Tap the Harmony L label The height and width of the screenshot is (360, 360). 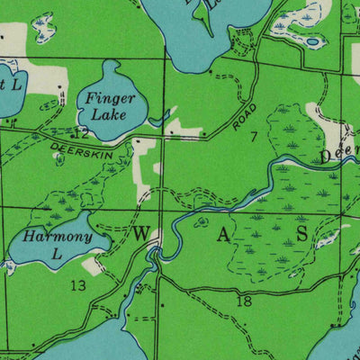(x=58, y=244)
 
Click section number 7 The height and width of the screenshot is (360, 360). (x=255, y=137)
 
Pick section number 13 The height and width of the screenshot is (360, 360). (x=78, y=285)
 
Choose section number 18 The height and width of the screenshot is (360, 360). (x=243, y=301)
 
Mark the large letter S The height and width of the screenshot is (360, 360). (x=302, y=233)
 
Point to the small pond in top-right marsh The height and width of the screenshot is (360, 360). (x=311, y=40)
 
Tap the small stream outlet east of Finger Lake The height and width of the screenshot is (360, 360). (x=160, y=118)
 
